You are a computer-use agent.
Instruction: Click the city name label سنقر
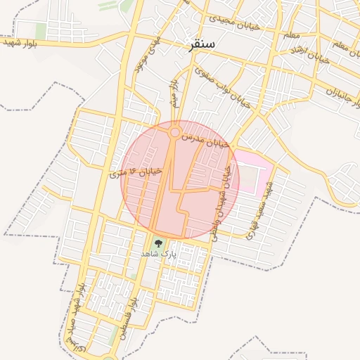coord(202,45)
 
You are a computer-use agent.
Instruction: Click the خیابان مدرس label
coord(205,140)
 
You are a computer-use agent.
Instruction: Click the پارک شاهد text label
coord(156,253)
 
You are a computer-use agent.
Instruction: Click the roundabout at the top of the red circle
coord(174,131)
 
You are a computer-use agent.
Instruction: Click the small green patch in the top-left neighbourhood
coord(41,31)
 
